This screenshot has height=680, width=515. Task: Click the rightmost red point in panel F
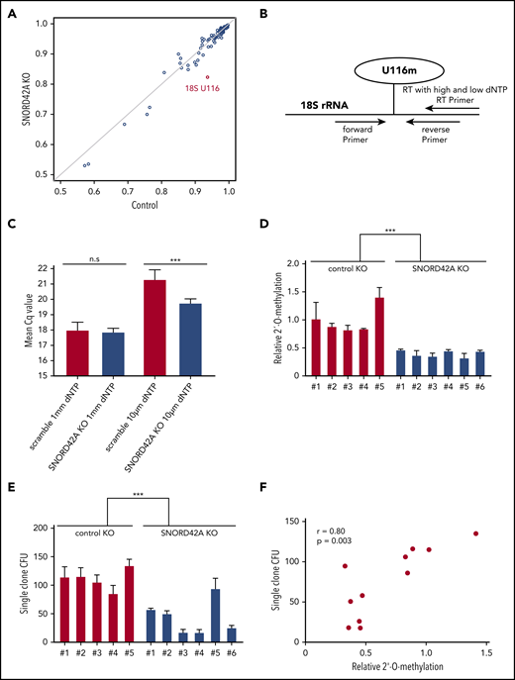coord(475,534)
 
